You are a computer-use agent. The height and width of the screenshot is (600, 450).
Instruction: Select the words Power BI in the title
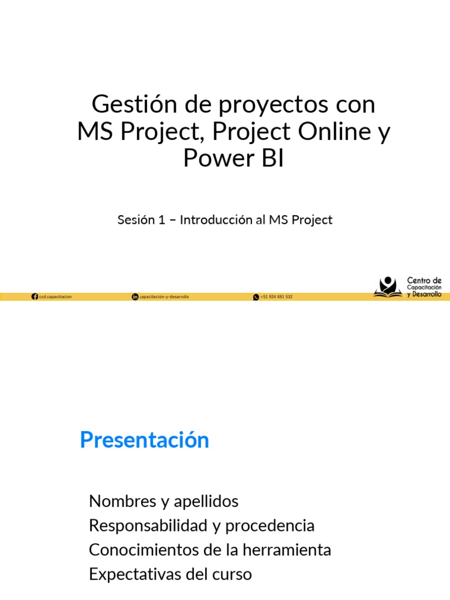tap(233, 158)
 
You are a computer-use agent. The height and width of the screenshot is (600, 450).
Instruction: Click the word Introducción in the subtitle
tap(215, 220)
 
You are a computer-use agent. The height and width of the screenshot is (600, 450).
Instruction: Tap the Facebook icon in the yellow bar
tap(35, 297)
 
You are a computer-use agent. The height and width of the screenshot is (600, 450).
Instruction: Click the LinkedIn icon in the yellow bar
tap(135, 297)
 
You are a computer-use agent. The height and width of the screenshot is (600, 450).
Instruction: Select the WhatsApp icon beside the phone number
tap(256, 297)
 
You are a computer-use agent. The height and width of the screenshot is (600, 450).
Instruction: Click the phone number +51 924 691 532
tap(277, 297)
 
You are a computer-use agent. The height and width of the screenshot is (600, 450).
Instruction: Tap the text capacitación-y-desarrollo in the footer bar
tap(165, 297)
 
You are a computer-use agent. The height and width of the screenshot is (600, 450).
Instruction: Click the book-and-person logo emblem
tap(388, 287)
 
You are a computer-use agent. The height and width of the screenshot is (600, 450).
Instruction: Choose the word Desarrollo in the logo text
tap(427, 294)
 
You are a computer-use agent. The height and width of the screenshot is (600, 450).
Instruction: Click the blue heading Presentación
tap(144, 439)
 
